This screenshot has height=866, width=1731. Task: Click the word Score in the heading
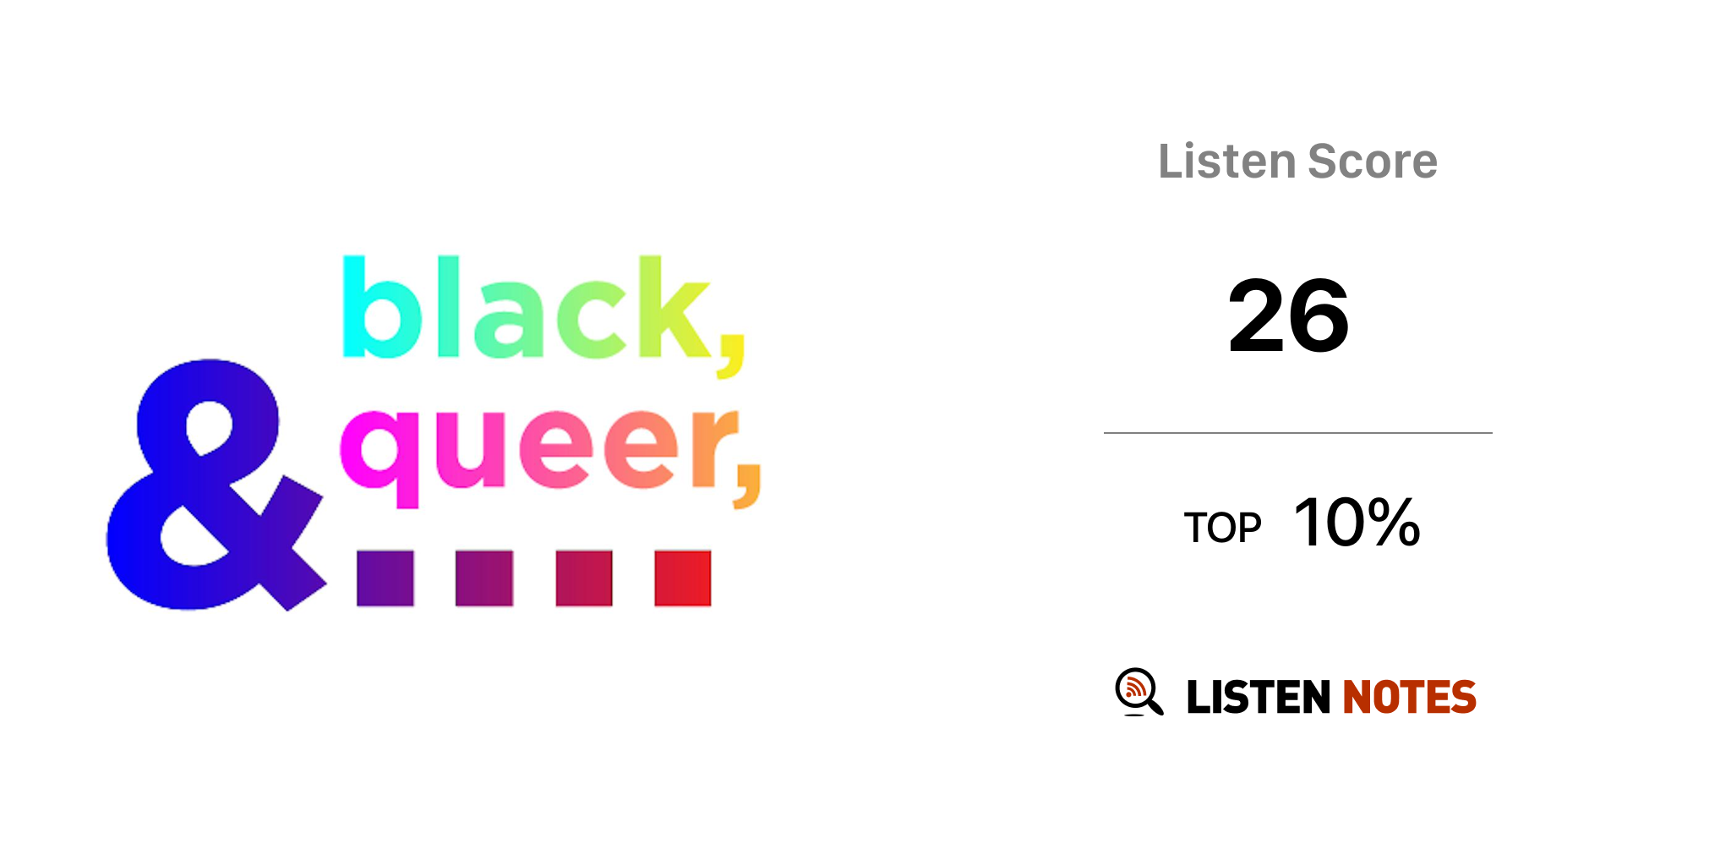point(1373,162)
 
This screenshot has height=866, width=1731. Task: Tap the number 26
point(1288,316)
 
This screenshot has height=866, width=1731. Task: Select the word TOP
point(1222,528)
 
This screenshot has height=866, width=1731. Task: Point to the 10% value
point(1357,523)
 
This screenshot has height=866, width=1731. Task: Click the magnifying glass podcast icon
point(1139,692)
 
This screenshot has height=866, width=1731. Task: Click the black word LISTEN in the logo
point(1259,697)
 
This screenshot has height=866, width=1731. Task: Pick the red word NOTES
point(1409,697)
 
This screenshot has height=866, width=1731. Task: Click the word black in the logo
point(526,308)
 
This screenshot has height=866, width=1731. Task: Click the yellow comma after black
point(731,355)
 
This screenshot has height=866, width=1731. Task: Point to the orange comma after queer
point(747,486)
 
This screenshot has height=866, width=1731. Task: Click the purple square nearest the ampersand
point(385,578)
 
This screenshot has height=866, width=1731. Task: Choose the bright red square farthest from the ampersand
point(683,578)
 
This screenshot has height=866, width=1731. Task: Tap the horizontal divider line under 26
point(1298,433)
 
